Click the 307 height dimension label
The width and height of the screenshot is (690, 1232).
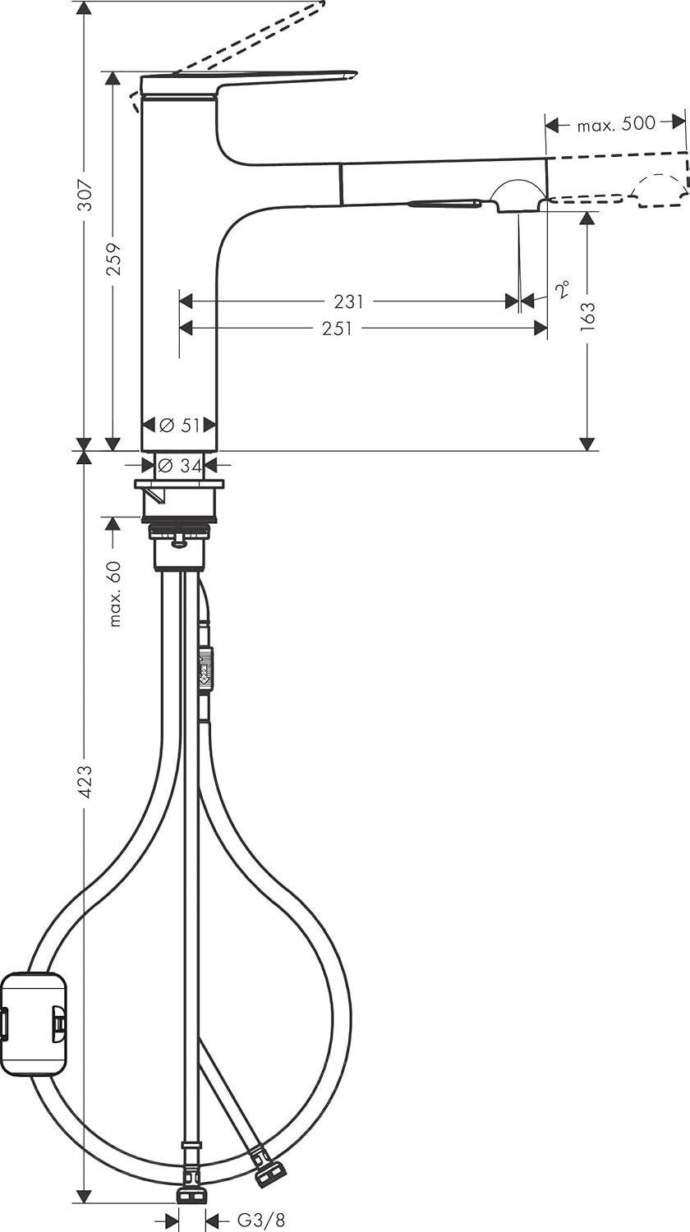coord(85,195)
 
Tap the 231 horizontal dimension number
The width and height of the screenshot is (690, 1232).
coord(349,301)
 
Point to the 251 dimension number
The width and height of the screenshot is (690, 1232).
coord(337,329)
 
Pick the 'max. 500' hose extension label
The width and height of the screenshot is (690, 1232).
coord(615,124)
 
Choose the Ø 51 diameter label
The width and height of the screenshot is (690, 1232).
coord(179,425)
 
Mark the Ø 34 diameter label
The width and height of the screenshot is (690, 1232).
coord(179,466)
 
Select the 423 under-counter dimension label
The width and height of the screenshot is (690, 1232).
coord(85,782)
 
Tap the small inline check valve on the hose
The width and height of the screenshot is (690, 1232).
coord(205,665)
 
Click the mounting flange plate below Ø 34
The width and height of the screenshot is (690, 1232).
coord(179,484)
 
